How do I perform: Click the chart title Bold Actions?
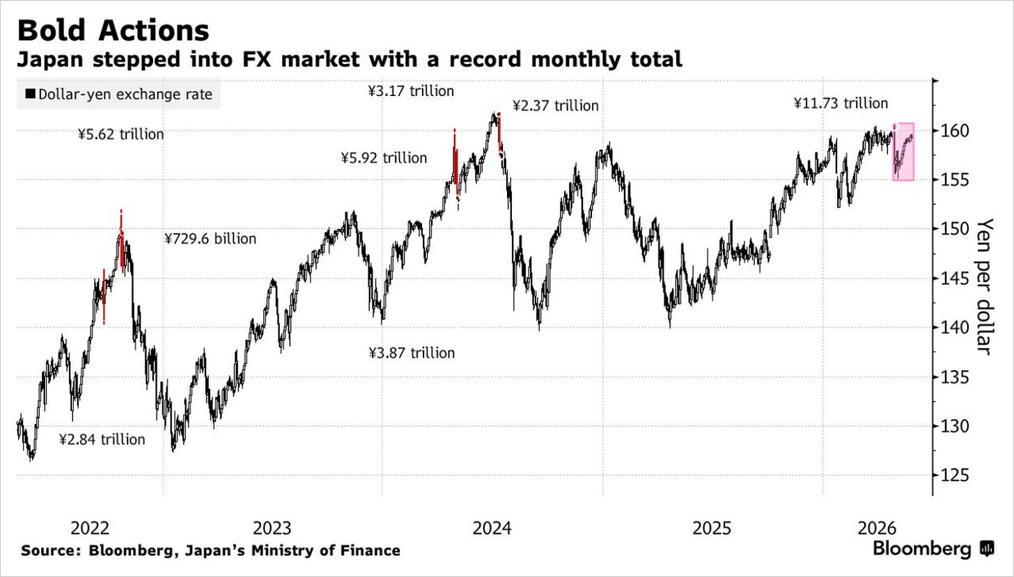coord(113,31)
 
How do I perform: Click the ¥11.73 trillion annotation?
coord(841,104)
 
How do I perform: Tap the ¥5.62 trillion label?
coord(121,134)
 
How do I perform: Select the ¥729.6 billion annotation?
coord(210,239)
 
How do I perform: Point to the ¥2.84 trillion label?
coord(102,439)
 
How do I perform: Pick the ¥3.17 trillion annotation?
coord(411,91)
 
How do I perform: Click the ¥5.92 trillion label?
coord(384,158)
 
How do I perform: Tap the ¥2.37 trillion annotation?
coord(556,106)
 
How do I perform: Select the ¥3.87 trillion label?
coord(412,353)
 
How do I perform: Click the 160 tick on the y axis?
coord(955,132)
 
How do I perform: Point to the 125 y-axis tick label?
coord(955,475)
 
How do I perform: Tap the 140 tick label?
coord(955,328)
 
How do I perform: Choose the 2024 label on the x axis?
coord(492,528)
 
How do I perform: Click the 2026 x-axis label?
coord(877,528)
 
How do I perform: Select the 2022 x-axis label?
coord(90,528)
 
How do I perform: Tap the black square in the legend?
coord(31,94)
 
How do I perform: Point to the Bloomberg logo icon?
coord(988,549)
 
